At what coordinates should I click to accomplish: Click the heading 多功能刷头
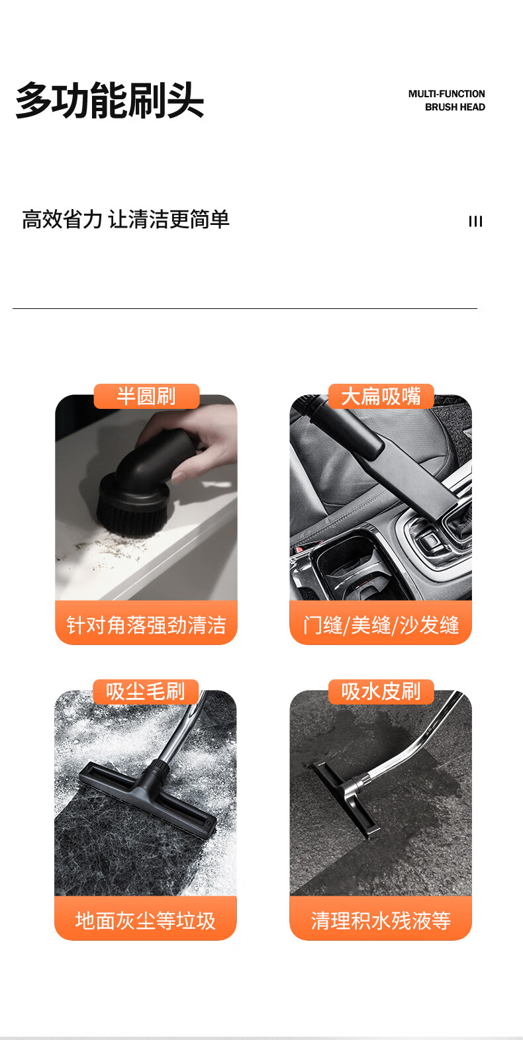coord(110,100)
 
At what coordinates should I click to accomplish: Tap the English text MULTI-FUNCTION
coord(446,94)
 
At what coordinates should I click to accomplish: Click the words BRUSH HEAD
coord(455,107)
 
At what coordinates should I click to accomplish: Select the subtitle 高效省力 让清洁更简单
coord(126,219)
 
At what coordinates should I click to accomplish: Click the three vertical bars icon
coord(475,222)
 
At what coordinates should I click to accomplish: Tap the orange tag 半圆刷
coord(146,396)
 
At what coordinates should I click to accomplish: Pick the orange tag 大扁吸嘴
coord(381,396)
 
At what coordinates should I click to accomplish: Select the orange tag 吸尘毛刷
coord(146,692)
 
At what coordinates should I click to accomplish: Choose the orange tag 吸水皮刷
coord(381,692)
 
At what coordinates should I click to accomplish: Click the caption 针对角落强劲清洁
coord(146,625)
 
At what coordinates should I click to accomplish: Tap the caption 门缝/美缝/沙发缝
coord(381,625)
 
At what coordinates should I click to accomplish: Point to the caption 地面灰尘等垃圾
coord(146,921)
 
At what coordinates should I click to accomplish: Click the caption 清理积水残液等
coord(381,921)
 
